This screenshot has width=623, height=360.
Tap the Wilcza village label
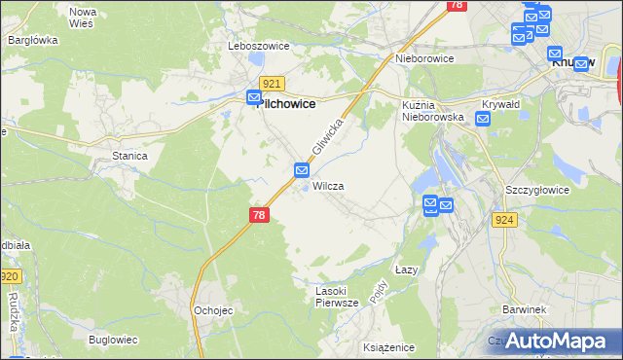pyautogui.click(x=328, y=185)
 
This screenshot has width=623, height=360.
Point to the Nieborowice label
pyautogui.click(x=425, y=57)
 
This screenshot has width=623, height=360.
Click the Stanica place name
pyautogui.click(x=129, y=156)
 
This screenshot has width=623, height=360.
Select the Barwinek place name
pyautogui.click(x=523, y=309)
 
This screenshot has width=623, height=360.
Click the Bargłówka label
pyautogui.click(x=33, y=40)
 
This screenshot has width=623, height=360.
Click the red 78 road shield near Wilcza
pyautogui.click(x=258, y=214)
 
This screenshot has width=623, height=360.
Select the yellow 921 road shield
pyautogui.click(x=272, y=85)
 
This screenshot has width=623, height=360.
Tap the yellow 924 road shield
pyautogui.click(x=504, y=221)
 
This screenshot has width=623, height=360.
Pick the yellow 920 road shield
pyautogui.click(x=9, y=277)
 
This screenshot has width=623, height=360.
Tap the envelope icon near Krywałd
pyautogui.click(x=483, y=119)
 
